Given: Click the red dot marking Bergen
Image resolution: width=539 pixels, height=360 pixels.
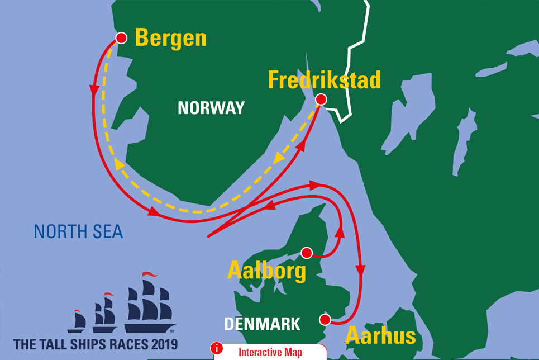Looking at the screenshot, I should click(120, 38).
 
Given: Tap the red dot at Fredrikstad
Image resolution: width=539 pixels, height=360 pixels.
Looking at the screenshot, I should click(320, 100).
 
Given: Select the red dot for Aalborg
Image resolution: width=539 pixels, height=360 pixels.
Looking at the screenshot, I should click(306, 253).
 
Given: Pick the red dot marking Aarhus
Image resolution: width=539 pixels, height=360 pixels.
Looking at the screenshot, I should click(324, 319).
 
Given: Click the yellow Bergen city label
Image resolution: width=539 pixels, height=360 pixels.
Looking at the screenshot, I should click(170, 39).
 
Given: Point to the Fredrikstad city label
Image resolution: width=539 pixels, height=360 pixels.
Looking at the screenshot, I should click(324, 80).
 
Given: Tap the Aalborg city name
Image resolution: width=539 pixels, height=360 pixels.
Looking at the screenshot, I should click(266, 271).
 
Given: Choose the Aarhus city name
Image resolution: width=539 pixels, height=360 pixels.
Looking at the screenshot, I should click(381, 335).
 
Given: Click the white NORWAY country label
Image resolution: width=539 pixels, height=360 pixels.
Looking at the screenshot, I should click(211, 108).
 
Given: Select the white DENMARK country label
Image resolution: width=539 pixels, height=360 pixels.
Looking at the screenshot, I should click(262, 324).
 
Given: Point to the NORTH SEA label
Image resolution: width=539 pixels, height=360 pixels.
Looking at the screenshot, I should click(78, 231).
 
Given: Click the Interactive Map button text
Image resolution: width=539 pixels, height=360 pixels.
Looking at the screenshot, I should click(270, 352).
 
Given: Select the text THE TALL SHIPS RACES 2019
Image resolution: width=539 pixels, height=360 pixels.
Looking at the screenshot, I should click(96, 343).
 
